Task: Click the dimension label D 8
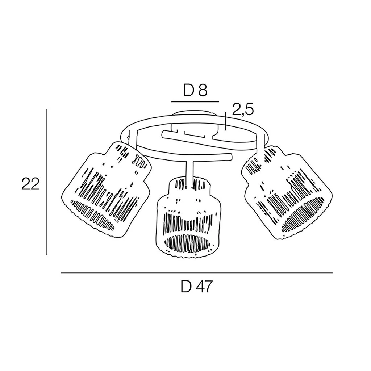[195, 90]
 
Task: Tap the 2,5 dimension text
[243, 110]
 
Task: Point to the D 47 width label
[197, 287]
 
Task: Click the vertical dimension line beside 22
[47, 182]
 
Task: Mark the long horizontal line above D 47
[197, 273]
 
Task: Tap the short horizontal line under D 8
[195, 102]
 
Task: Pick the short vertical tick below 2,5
[226, 121]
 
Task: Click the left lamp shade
[106, 189]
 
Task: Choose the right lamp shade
[287, 193]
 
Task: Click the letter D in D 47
[186, 287]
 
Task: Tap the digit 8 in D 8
[203, 90]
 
